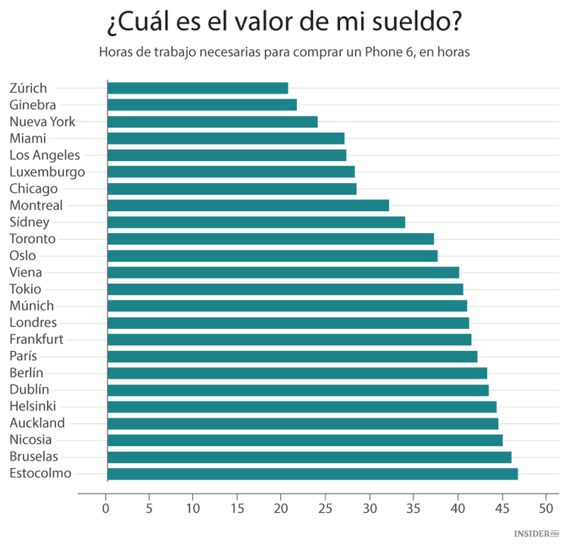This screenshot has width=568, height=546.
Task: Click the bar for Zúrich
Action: coord(198,88)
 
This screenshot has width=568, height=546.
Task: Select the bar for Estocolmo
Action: coord(312,474)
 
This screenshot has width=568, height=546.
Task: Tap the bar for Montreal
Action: coord(248,206)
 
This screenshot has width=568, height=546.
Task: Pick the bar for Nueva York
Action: coord(212,122)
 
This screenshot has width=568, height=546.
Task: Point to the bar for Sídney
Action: coord(256,222)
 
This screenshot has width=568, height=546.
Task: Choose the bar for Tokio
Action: coord(285,289)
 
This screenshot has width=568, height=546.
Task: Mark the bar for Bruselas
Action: coord(309,457)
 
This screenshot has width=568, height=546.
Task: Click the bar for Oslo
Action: coord(272,256)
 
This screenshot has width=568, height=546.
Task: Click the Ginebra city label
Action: coord(33,105)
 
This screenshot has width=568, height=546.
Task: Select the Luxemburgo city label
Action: coord(47,172)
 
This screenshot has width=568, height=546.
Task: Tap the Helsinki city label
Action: coord(33,406)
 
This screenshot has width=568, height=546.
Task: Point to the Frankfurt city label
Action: coord(36,339)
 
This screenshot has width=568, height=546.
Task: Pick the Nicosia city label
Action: coord(32,439)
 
